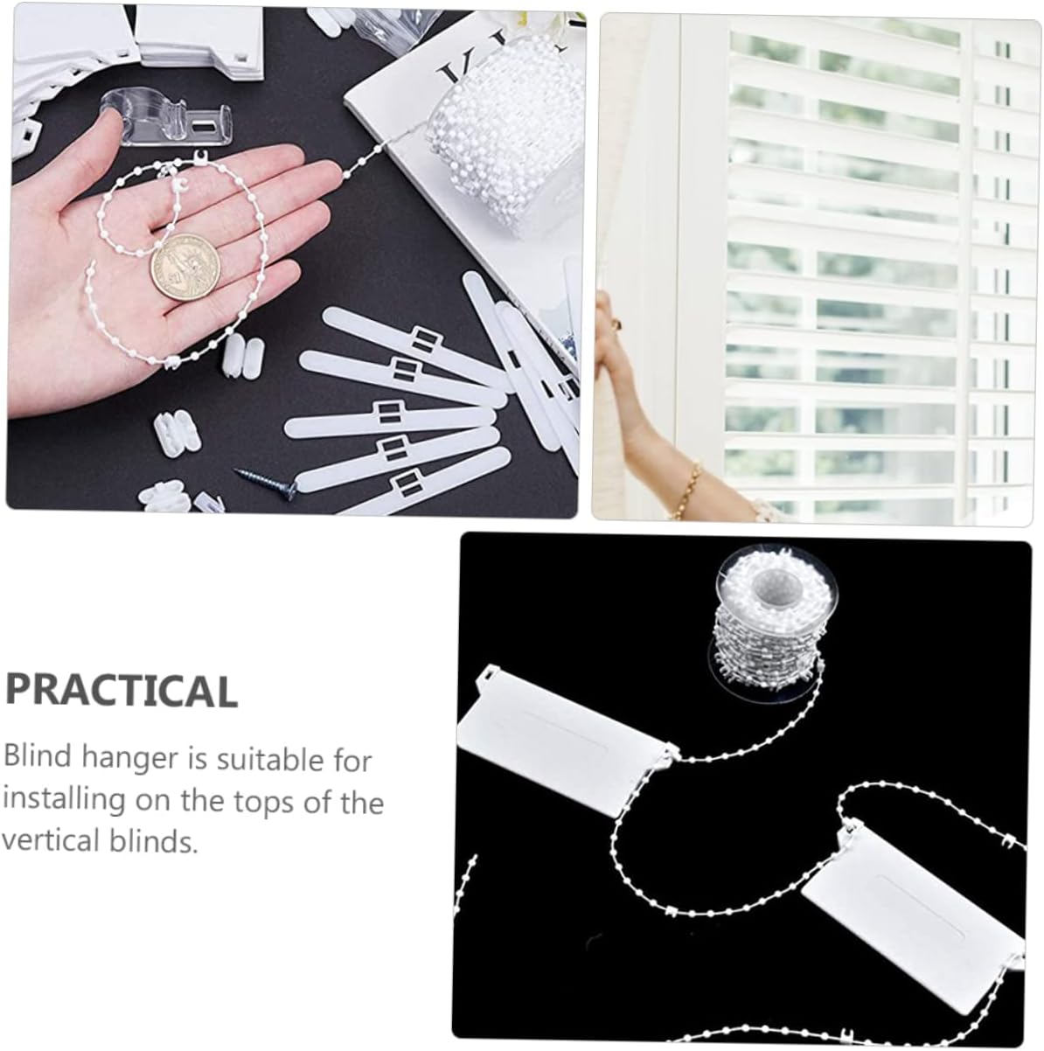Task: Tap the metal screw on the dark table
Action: [266, 482]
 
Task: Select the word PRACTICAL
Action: [121, 691]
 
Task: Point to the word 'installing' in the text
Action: [64, 800]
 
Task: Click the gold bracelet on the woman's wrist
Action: [686, 487]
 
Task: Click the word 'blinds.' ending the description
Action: [153, 840]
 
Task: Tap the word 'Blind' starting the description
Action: [38, 756]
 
